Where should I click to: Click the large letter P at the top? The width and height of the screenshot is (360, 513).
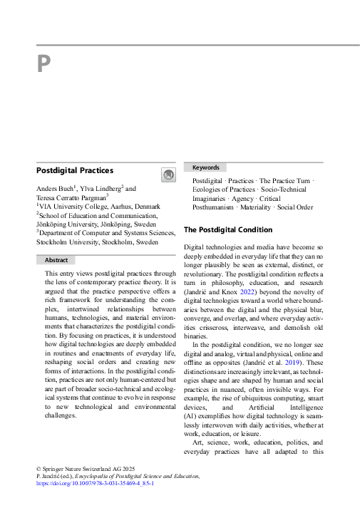click(43, 65)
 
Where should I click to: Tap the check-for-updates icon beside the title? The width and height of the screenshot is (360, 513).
click(168, 175)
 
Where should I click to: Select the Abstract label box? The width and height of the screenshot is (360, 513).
click(56, 261)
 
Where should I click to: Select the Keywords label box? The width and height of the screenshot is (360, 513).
click(205, 167)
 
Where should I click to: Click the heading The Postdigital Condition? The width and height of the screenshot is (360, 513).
click(228, 229)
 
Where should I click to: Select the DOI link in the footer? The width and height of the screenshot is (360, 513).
click(95, 482)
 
